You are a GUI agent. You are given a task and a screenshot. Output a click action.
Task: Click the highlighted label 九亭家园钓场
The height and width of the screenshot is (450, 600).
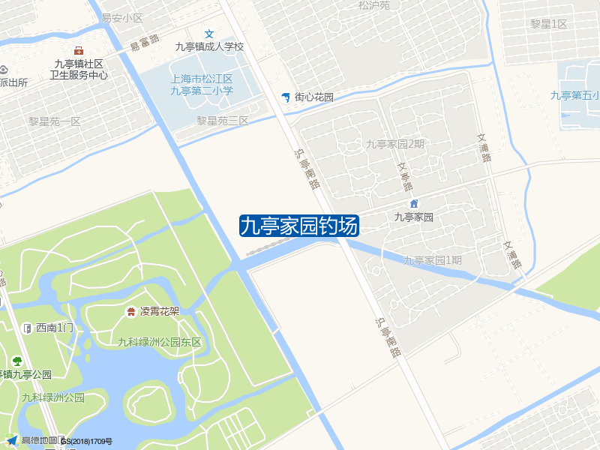click(x=299, y=226)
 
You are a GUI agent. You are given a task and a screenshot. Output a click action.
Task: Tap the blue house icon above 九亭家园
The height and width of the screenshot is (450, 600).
click(x=413, y=204)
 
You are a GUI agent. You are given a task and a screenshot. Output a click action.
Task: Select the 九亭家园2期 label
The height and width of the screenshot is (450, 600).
click(x=395, y=144)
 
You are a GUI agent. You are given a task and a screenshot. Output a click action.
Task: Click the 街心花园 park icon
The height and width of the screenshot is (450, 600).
click(x=285, y=97)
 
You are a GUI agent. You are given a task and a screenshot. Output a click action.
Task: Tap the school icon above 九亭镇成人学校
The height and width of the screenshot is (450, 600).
click(x=210, y=34)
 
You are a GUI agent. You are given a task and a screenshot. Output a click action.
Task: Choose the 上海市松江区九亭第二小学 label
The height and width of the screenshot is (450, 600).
click(x=202, y=85)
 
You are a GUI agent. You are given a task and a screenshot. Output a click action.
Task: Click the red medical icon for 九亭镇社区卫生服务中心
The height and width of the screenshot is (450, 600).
click(x=79, y=50)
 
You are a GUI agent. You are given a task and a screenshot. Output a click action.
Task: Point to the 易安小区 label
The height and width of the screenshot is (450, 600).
click(x=121, y=17)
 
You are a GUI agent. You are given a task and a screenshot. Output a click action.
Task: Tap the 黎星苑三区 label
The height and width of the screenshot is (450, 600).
click(x=223, y=120)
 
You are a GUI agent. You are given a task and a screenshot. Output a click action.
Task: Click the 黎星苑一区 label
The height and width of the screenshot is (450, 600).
click(x=54, y=121)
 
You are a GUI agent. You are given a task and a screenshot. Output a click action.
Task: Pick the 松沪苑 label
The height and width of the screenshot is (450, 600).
click(x=374, y=5)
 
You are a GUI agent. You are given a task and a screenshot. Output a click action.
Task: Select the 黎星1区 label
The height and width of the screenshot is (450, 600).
click(x=548, y=24)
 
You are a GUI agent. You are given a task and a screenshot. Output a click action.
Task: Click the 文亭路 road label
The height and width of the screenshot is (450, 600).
click(x=406, y=177)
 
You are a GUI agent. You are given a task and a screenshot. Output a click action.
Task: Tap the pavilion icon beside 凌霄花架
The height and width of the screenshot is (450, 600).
click(x=130, y=311)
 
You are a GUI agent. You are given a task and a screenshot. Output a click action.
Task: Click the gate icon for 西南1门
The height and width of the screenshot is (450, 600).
click(x=27, y=328)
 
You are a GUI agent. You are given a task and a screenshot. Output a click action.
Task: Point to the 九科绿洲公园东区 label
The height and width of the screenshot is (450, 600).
click(x=160, y=342)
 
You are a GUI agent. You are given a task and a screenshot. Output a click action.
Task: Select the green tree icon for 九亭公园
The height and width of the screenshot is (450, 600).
click(x=16, y=361)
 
